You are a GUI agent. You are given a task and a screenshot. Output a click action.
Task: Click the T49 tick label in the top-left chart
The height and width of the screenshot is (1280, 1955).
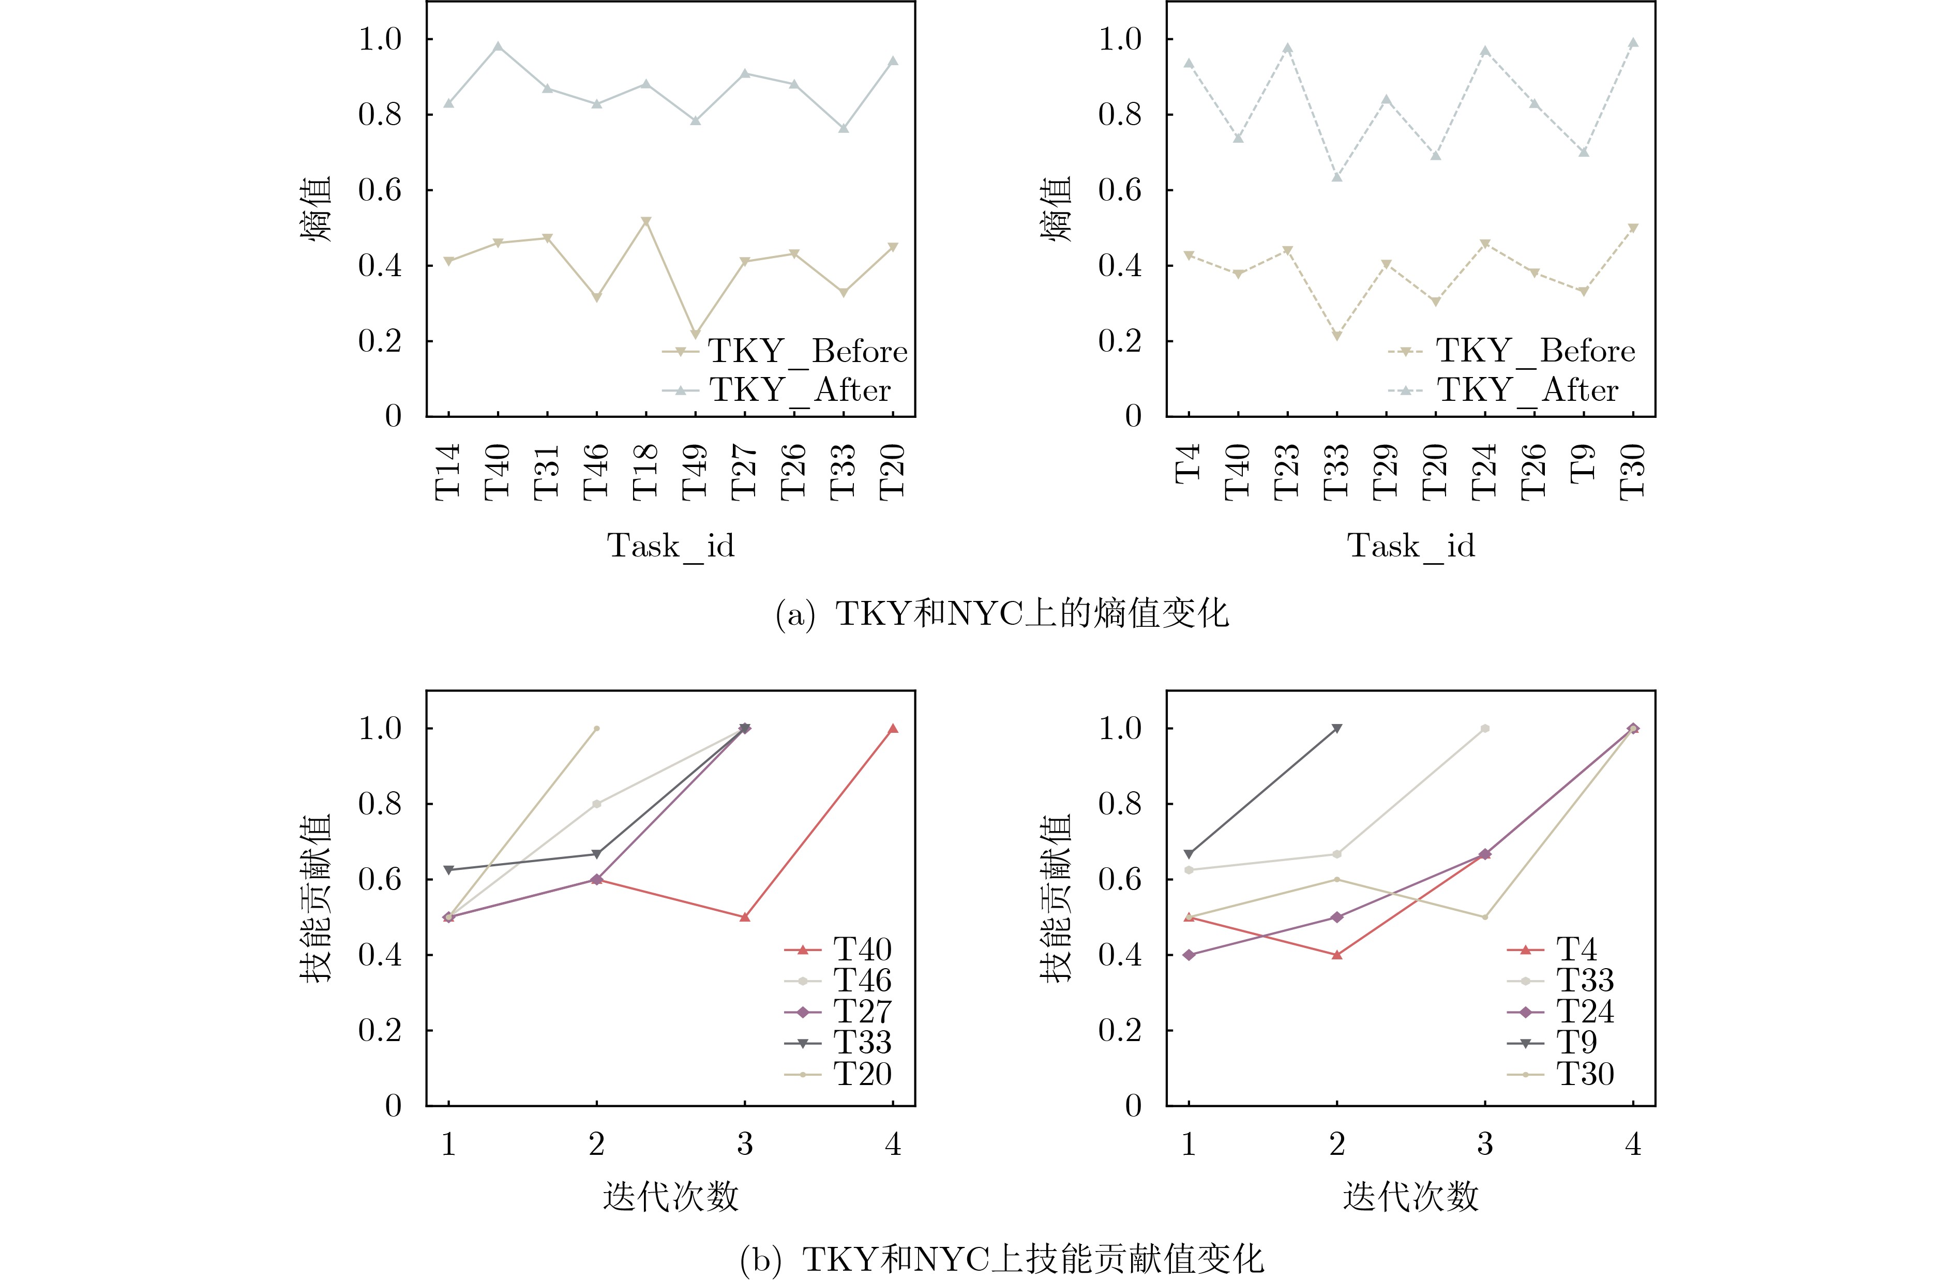pos(695,472)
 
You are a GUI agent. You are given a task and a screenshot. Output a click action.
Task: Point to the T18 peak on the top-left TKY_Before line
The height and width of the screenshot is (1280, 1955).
pos(645,222)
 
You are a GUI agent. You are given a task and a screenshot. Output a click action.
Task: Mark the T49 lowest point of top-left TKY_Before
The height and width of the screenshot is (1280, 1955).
pos(695,335)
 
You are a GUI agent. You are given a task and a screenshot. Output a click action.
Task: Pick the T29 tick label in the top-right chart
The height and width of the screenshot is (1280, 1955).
pos(1386,472)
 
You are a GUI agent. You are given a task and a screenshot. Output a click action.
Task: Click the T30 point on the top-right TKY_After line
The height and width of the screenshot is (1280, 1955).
pos(1633,43)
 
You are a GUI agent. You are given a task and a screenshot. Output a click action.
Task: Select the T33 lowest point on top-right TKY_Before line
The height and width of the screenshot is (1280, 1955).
pos(1336,336)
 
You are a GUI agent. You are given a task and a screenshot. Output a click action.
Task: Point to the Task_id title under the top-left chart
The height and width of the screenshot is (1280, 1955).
pos(670,546)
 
